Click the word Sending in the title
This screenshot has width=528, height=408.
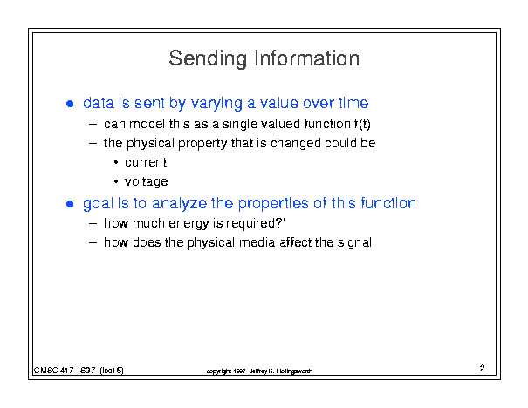(208, 59)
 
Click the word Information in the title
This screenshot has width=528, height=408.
(307, 58)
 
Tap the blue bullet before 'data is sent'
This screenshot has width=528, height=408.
(70, 104)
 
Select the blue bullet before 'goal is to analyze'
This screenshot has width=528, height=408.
(70, 204)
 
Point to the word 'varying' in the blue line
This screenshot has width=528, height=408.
(216, 104)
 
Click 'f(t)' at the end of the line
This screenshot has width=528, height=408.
(362, 124)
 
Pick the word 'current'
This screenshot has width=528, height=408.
(146, 162)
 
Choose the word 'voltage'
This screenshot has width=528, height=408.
(146, 182)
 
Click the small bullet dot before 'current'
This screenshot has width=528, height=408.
(116, 163)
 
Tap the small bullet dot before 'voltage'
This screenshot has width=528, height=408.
(116, 182)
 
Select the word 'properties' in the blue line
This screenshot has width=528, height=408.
(273, 204)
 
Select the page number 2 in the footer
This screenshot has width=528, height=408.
(483, 368)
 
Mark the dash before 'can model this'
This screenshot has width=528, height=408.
(93, 125)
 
